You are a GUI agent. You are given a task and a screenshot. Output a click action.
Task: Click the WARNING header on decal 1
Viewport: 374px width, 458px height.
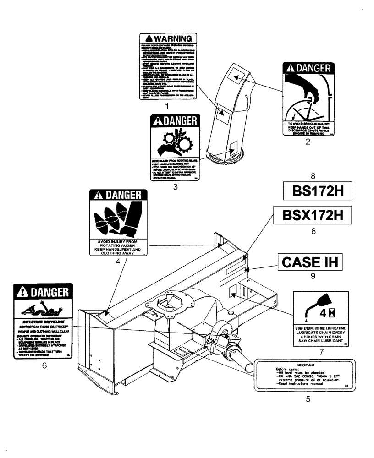[167, 38]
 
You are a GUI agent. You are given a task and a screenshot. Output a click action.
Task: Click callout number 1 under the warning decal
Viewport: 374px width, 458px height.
[167, 106]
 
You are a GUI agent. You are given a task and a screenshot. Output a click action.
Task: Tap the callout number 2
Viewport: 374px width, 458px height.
[308, 142]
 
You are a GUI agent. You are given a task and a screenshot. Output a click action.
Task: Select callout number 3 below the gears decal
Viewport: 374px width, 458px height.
[175, 187]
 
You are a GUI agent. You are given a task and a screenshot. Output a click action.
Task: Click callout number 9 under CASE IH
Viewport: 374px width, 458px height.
[313, 277]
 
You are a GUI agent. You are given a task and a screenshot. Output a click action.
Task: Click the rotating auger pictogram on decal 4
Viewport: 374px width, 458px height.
[116, 219]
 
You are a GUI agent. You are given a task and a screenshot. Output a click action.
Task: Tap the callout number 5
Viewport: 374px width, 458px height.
[308, 399]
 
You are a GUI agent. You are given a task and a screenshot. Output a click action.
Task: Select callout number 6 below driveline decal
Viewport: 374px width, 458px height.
[44, 366]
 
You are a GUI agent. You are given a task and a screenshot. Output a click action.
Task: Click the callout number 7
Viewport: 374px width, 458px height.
[321, 352]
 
